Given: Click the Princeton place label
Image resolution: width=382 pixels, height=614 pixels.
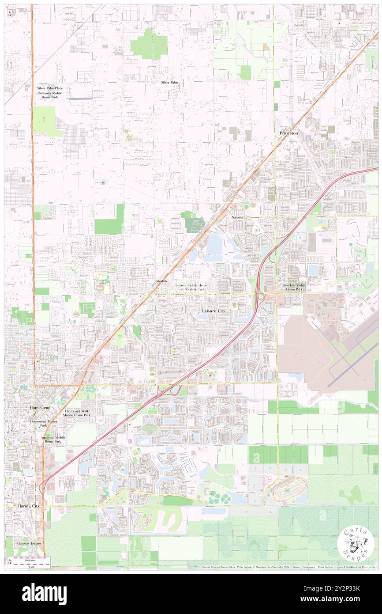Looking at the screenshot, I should tap(288, 133).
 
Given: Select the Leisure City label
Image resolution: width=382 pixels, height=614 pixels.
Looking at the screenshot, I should tap(213, 311).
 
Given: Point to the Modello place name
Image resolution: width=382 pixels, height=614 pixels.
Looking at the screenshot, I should tap(161, 281).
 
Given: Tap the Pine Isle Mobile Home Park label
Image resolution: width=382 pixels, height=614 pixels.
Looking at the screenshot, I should tap(294, 288).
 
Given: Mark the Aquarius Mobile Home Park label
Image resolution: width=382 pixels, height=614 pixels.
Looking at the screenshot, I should tap(53, 440).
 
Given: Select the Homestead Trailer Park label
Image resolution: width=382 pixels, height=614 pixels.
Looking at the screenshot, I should tap(44, 424).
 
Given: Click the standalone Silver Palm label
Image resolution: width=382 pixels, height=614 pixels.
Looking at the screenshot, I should tap(169, 83).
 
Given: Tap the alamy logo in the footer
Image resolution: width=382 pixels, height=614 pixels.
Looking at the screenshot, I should tap(44, 594).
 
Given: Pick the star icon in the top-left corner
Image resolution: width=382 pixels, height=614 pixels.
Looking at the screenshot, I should tap(10, 13).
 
